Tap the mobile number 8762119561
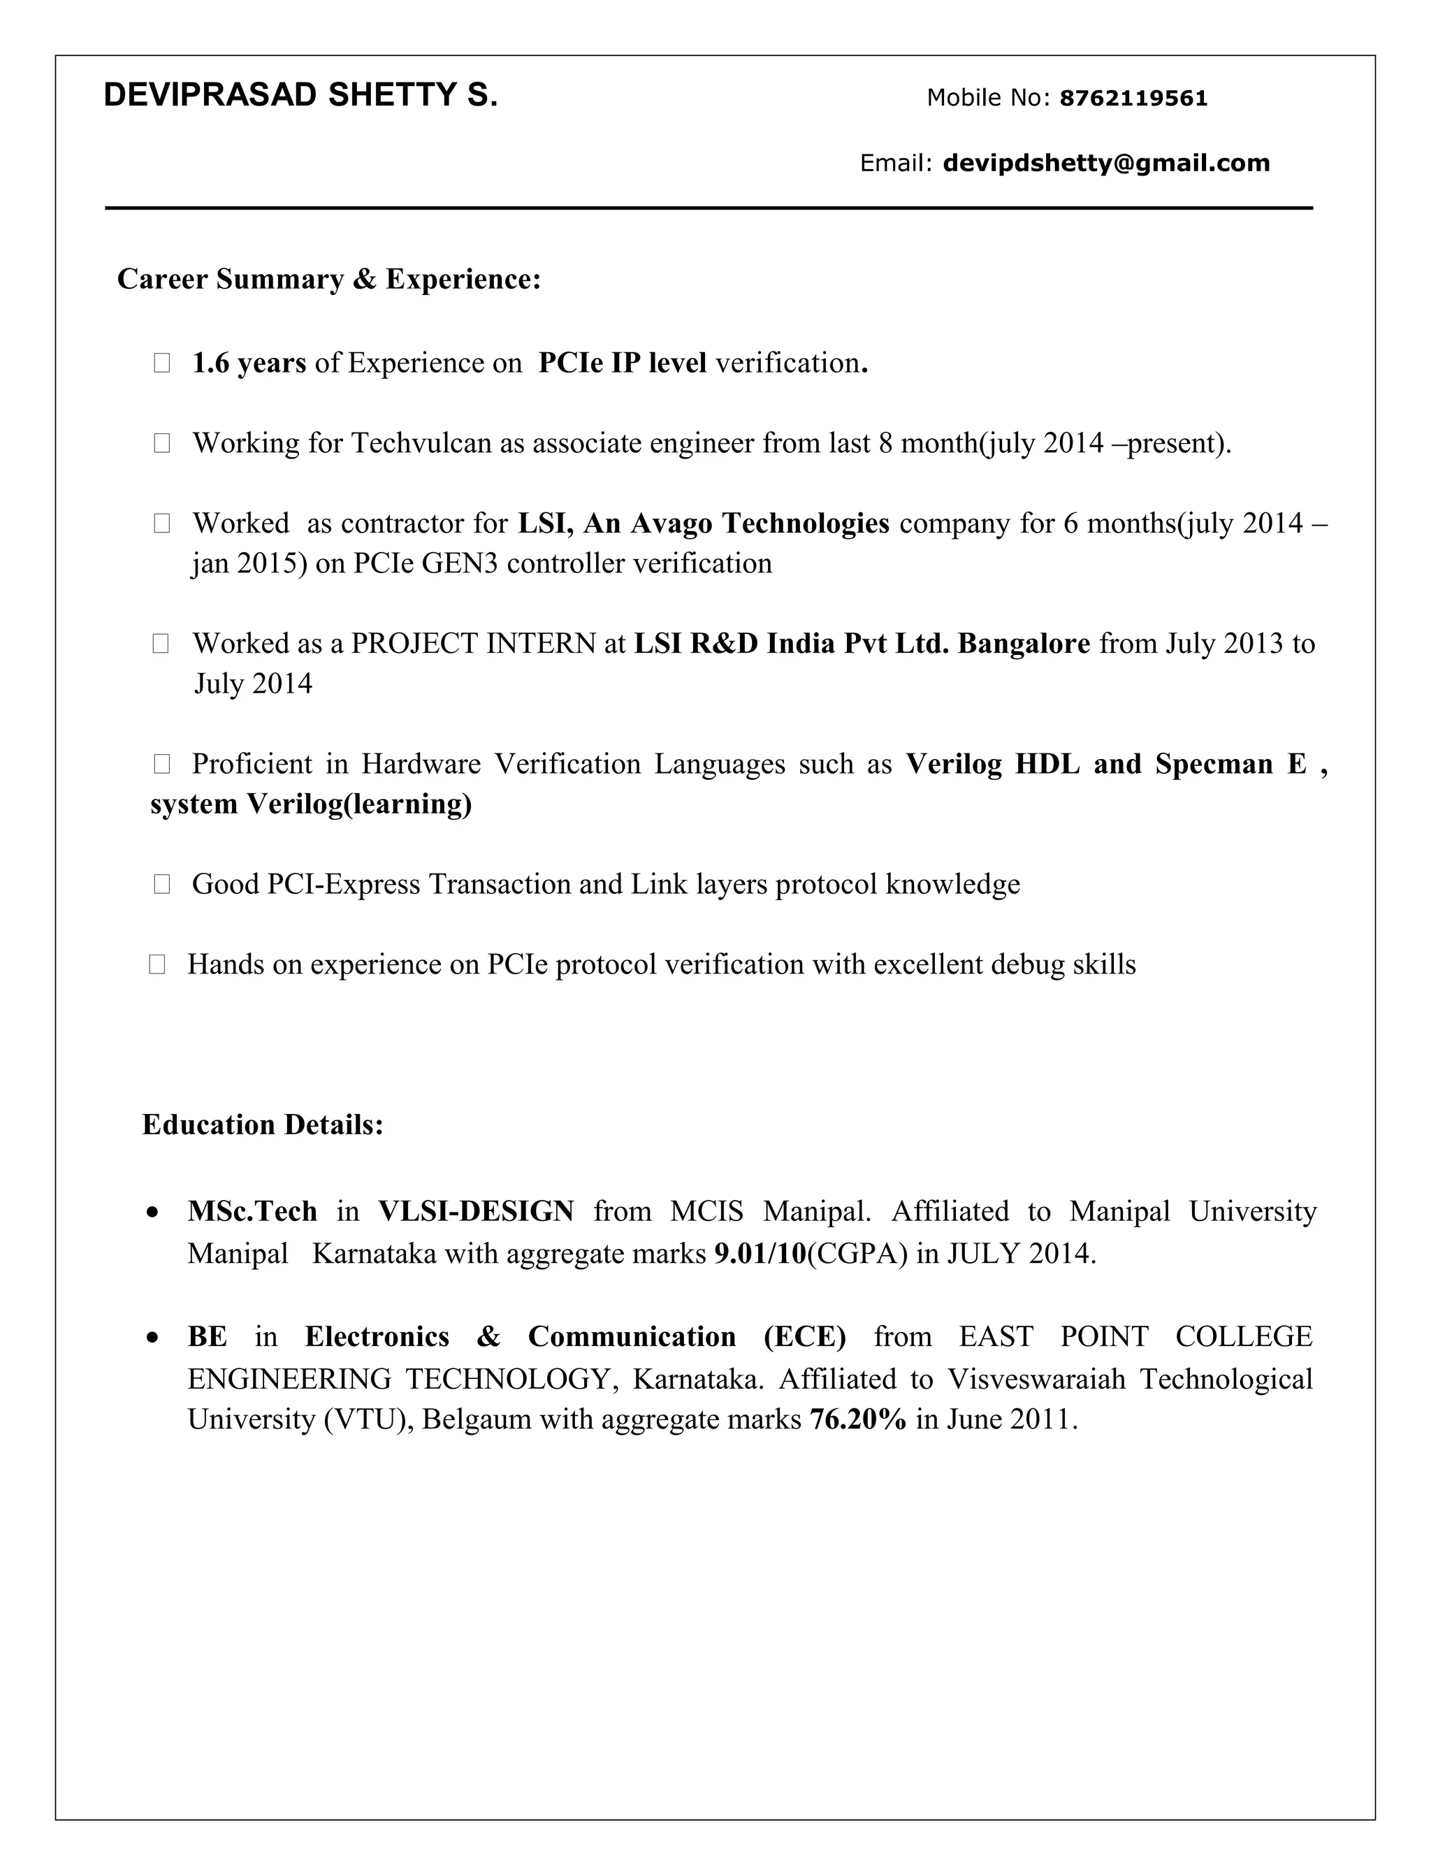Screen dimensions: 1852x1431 (x=1133, y=99)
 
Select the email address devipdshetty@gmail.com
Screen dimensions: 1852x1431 (x=1106, y=163)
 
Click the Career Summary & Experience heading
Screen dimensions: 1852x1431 (x=329, y=279)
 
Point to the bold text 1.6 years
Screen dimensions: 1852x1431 (x=248, y=363)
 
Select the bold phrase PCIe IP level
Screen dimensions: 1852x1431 (x=623, y=363)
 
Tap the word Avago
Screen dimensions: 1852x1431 (x=671, y=523)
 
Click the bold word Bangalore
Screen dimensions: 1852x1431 (x=1023, y=644)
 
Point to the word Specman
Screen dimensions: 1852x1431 (x=1214, y=764)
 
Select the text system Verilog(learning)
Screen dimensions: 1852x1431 (x=311, y=804)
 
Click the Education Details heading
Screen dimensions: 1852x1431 (x=263, y=1124)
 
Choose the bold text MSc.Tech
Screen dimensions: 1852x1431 (x=253, y=1211)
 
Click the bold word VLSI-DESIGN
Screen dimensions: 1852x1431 (x=476, y=1211)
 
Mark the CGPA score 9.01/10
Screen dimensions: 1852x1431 (x=760, y=1253)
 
